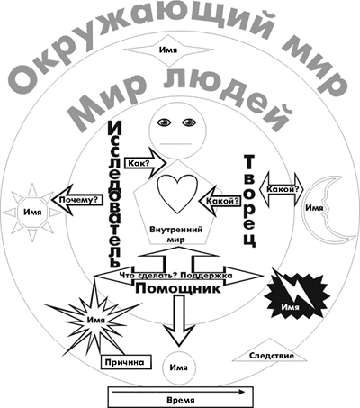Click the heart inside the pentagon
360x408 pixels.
177,194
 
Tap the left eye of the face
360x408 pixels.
165,122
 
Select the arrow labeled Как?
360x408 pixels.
145,163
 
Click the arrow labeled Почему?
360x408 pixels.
77,200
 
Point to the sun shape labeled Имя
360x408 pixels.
32,213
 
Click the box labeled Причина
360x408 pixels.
126,362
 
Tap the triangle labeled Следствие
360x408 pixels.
270,352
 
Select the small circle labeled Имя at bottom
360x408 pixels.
179,367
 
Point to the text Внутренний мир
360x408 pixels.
176,234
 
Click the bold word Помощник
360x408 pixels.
178,288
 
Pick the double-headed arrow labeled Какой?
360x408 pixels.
281,190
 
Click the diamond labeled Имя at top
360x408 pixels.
168,50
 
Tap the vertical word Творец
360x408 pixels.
249,201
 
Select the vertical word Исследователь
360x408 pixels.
114,194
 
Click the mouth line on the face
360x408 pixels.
176,143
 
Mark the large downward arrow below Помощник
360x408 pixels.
179,321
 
